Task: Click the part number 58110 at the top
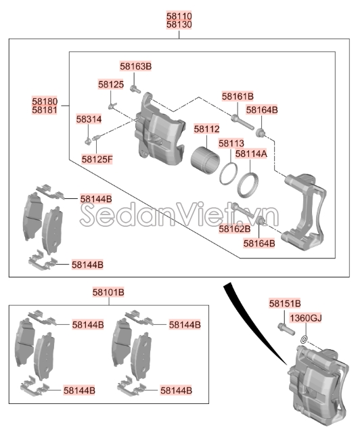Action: click(x=179, y=16)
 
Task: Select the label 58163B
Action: click(x=135, y=66)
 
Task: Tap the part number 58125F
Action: click(x=97, y=159)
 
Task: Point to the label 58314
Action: click(x=89, y=119)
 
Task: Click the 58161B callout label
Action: click(x=238, y=96)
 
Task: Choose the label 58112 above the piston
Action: click(x=206, y=129)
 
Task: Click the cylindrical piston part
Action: click(x=205, y=160)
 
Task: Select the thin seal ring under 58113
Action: click(x=228, y=174)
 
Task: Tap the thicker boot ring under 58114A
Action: click(x=248, y=185)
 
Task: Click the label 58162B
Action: click(x=234, y=229)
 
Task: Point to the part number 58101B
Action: click(x=108, y=292)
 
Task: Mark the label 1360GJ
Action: click(x=306, y=318)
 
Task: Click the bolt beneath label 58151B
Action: click(x=286, y=329)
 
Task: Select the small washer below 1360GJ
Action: click(x=305, y=340)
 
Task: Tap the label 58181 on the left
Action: click(x=45, y=110)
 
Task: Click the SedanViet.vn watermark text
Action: click(x=179, y=215)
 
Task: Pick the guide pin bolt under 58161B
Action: click(x=243, y=122)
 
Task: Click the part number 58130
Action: click(x=179, y=24)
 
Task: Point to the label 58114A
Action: click(x=251, y=154)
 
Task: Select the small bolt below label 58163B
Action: click(x=135, y=89)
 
